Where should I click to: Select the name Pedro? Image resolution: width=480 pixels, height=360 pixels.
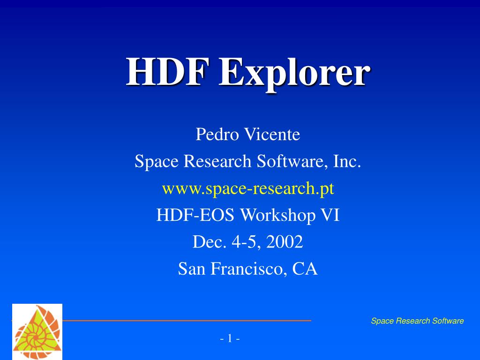tap(215, 135)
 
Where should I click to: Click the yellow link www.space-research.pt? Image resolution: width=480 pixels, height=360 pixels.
tap(248, 188)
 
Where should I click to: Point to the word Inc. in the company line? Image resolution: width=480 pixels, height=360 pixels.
tap(347, 162)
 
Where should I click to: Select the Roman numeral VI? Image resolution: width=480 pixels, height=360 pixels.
tap(330, 216)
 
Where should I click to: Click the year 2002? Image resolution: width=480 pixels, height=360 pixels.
tap(285, 242)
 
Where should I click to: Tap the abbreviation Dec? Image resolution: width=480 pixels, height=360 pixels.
tap(205, 242)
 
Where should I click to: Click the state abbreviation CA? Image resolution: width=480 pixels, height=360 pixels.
tap(305, 269)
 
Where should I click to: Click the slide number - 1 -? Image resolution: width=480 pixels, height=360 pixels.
tap(230, 338)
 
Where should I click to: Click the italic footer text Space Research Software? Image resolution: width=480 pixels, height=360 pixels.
tap(417, 321)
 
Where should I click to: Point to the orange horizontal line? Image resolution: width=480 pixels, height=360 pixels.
tap(187, 321)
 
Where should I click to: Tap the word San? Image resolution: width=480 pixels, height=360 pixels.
tap(192, 269)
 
